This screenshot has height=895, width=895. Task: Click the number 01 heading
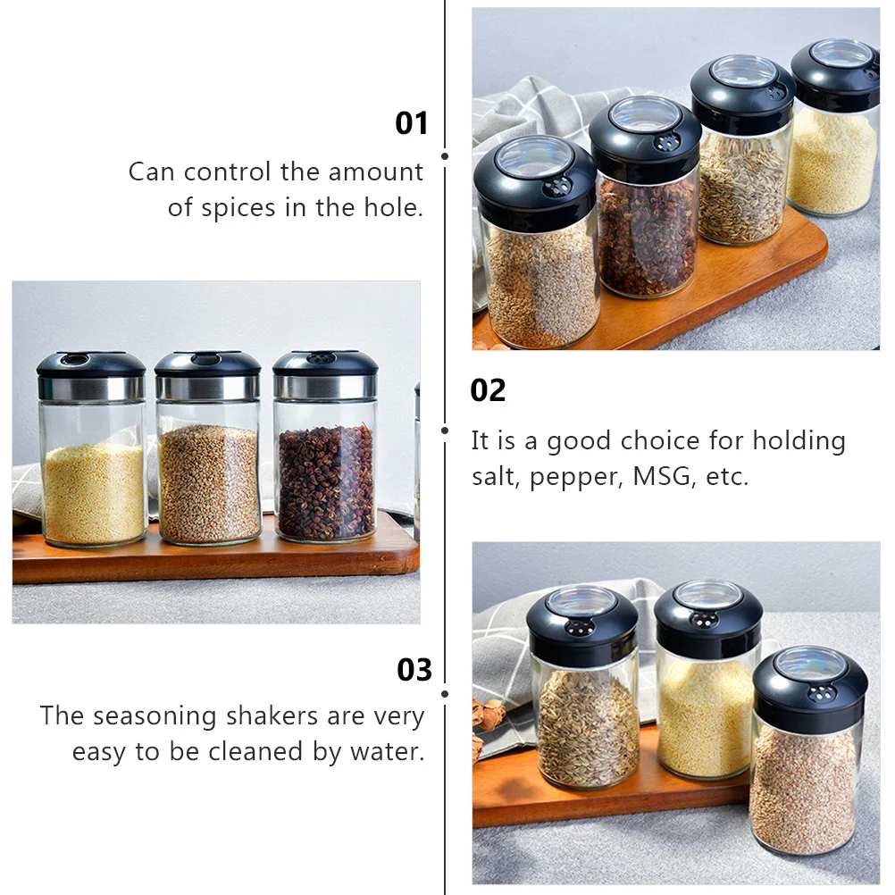[412, 123]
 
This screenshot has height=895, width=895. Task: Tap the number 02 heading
[488, 390]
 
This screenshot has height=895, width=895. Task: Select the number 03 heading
[414, 669]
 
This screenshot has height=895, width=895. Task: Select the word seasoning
[155, 715]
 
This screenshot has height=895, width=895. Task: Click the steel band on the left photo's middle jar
[207, 387]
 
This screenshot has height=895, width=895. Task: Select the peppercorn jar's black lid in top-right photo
[645, 138]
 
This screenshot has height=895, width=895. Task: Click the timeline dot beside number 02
[445, 430]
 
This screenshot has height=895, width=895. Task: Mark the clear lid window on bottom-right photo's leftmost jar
[581, 599]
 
